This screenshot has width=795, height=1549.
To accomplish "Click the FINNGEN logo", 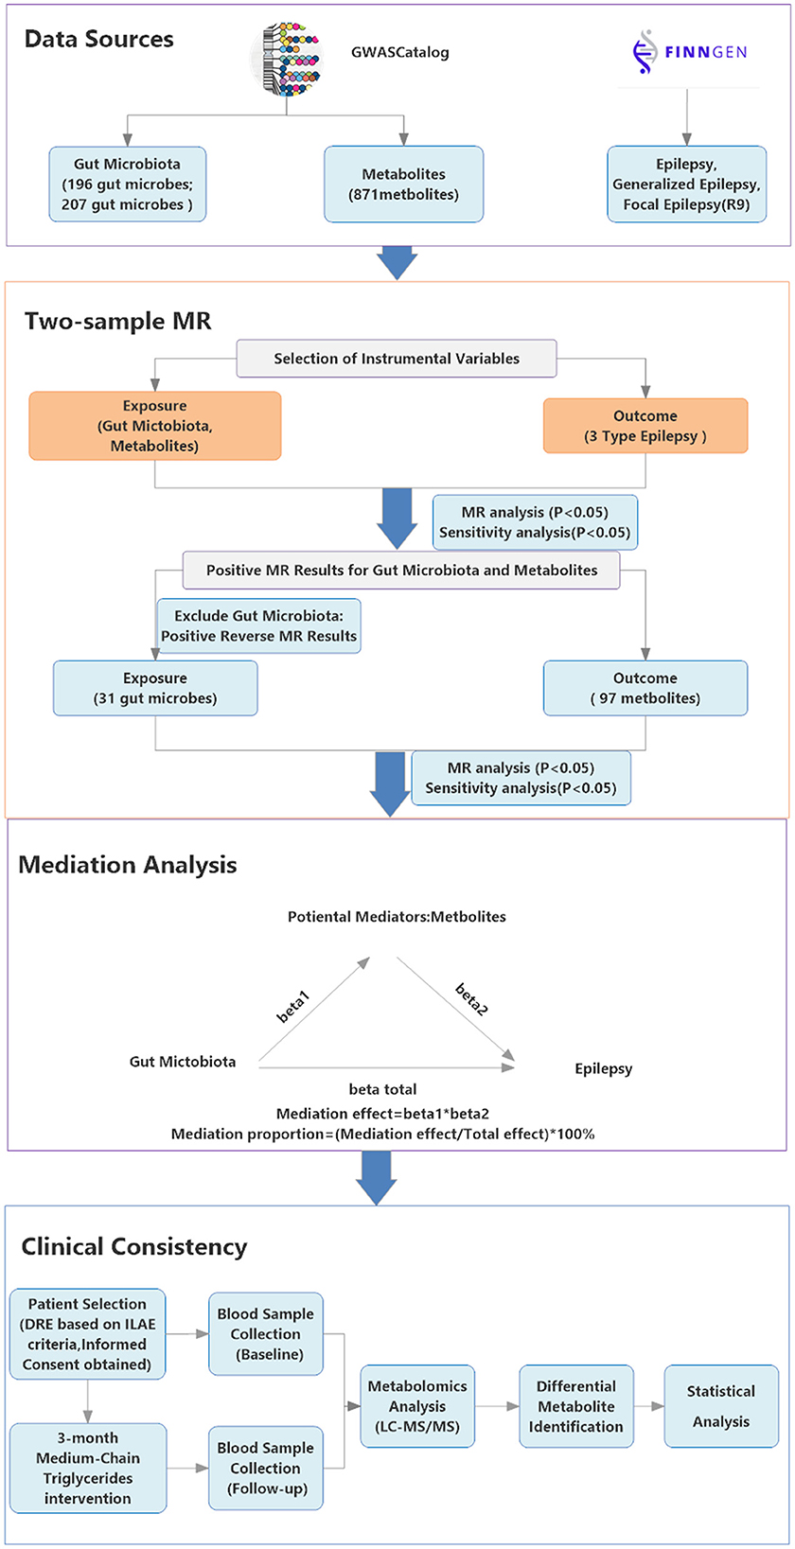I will coord(689,52).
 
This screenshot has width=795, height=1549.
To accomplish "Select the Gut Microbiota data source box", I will coord(127,185).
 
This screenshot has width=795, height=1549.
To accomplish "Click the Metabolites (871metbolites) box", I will coord(403,185).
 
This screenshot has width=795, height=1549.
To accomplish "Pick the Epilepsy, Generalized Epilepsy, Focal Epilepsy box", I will coord(686,185).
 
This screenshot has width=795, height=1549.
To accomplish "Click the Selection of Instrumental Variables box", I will coord(397,359).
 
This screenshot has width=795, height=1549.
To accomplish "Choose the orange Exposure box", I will coord(154,426).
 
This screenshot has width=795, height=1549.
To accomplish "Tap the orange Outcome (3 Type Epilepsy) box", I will coord(645,426).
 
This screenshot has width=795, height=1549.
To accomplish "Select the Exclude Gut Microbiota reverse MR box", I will coord(258,626).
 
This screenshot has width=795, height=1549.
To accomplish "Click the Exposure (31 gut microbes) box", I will coord(155,688).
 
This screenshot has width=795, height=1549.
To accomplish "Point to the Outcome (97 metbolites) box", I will coord(645,688).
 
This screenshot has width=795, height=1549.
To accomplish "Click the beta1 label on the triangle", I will coord(292,1006).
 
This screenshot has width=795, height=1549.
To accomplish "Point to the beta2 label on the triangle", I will coord(471,999).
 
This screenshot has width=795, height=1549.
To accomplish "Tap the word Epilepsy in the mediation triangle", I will coord(603,1068).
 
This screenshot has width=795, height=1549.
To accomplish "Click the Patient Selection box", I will coord(87,1334).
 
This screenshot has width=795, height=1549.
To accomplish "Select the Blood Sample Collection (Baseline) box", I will coord(265,1334).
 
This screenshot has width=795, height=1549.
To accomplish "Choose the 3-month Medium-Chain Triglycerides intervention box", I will coord(88,1468).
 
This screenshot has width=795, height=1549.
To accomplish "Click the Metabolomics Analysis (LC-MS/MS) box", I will coord(416,1406).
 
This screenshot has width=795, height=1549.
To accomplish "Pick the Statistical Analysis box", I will coord(720,1406).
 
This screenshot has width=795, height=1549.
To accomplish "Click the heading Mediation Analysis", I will coord(128,865).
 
